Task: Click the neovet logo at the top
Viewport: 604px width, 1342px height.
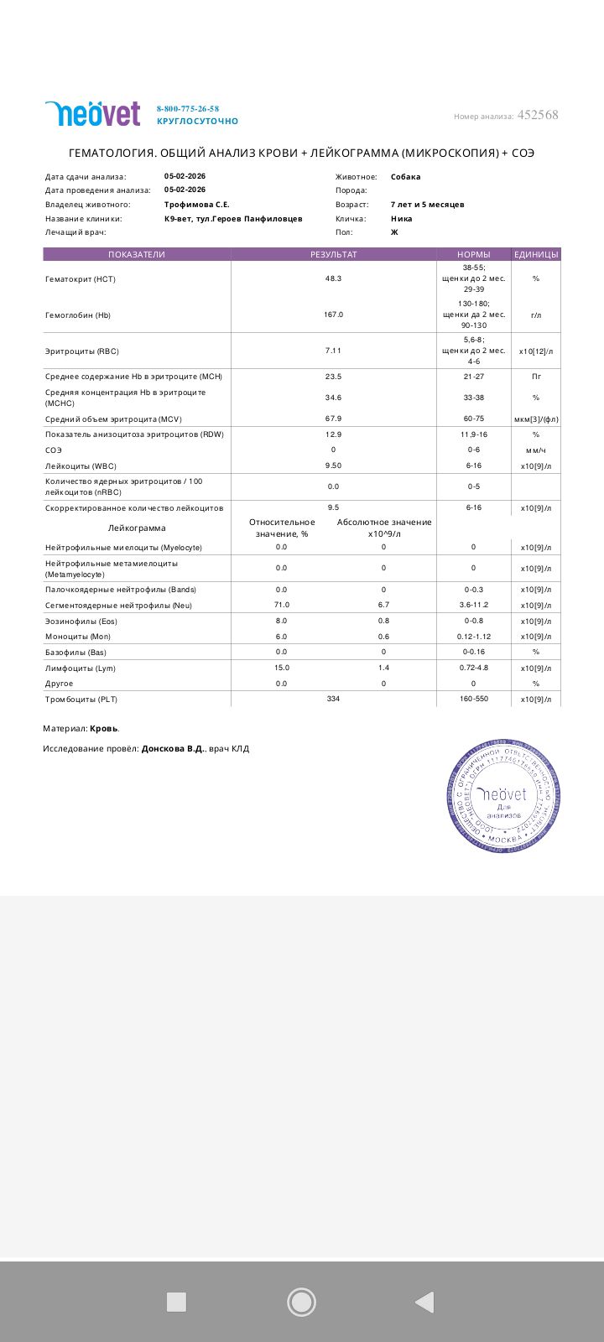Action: (92, 113)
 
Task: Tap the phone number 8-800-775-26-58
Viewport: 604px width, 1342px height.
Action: (188, 109)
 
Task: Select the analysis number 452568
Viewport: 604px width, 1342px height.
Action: (538, 115)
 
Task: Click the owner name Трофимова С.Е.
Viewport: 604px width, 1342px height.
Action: (197, 205)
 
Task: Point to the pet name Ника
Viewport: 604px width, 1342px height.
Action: (402, 219)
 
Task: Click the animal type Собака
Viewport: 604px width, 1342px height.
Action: (406, 177)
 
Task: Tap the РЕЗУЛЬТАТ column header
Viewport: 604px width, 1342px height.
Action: (333, 254)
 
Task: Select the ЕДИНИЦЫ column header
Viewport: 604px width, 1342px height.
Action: (536, 254)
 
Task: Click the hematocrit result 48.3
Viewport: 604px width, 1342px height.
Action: (333, 278)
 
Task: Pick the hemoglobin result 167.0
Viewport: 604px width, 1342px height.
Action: (333, 315)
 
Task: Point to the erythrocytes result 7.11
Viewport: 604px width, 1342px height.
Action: (333, 351)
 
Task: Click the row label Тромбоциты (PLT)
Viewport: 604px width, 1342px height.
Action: (81, 699)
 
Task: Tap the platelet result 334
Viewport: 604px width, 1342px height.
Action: (333, 699)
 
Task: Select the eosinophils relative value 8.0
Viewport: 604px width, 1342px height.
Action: (281, 621)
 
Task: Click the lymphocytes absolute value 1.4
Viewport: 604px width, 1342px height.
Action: (383, 668)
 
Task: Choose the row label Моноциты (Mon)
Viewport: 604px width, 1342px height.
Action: (78, 637)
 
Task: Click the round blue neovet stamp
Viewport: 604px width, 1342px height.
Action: (502, 795)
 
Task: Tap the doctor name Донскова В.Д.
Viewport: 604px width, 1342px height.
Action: (172, 749)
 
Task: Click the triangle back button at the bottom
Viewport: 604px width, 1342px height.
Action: (424, 1302)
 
